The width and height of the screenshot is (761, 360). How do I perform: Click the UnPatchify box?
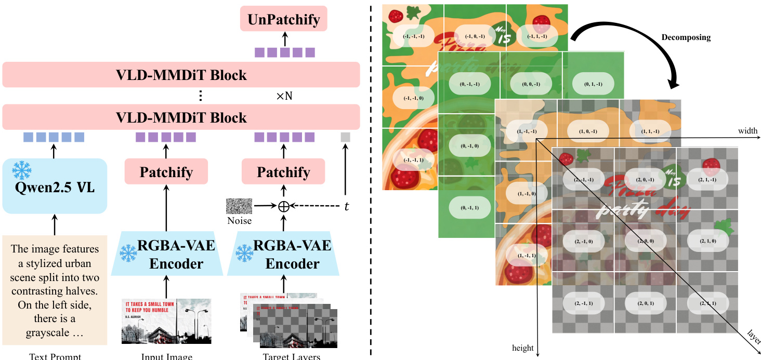pyautogui.click(x=284, y=20)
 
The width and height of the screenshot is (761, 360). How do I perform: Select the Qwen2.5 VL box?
pyautogui.click(x=55, y=185)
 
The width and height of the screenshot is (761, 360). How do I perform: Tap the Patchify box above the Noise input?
pyautogui.click(x=283, y=172)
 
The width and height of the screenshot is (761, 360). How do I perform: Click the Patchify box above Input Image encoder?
pyautogui.click(x=166, y=172)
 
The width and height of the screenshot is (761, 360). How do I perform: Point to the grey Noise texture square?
pyautogui.click(x=239, y=206)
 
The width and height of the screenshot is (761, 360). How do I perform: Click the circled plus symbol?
pyautogui.click(x=284, y=206)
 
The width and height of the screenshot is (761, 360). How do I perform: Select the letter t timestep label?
pyautogui.click(x=347, y=206)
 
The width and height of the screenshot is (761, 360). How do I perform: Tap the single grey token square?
pyautogui.click(x=346, y=137)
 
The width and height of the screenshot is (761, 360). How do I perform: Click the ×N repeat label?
pyautogui.click(x=284, y=96)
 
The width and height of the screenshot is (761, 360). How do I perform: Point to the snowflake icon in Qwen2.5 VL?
pyautogui.click(x=22, y=170)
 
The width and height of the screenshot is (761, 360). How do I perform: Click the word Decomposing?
pyautogui.click(x=686, y=37)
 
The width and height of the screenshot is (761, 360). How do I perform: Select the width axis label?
pyautogui.click(x=747, y=131)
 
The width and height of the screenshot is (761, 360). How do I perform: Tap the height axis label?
pyautogui.click(x=522, y=348)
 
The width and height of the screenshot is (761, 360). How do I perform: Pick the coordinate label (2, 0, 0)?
pyautogui.click(x=645, y=241)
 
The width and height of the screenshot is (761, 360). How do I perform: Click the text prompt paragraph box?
pyautogui.click(x=55, y=290)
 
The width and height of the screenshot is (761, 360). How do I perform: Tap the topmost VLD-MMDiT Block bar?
pyautogui.click(x=181, y=75)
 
